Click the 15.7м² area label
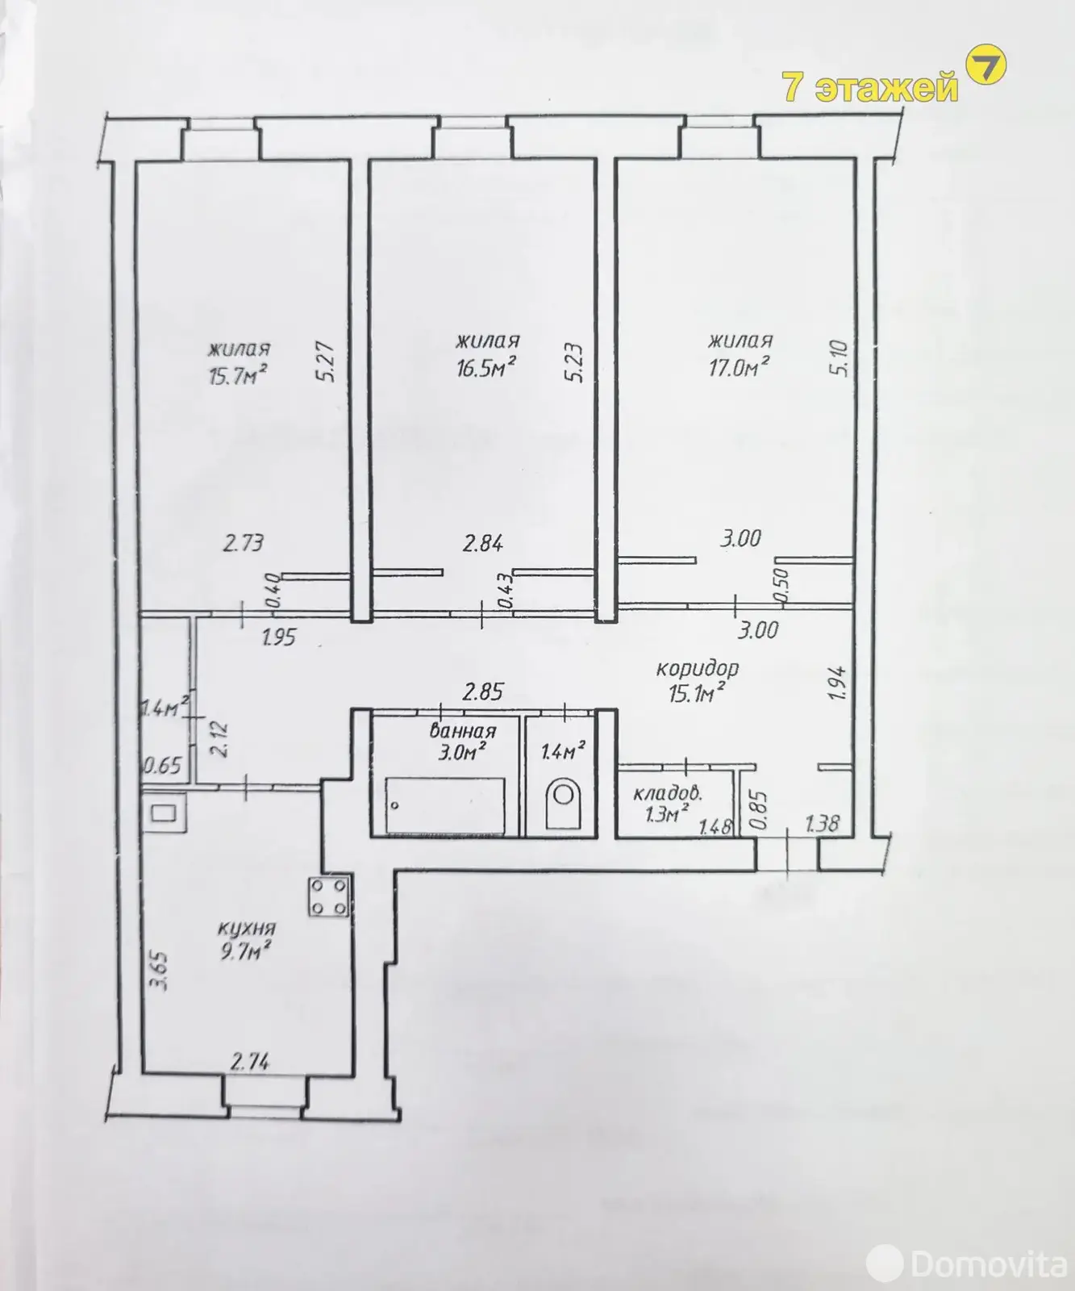tap(238, 375)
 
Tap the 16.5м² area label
tap(486, 368)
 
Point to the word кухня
tap(247, 928)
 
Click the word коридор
tap(698, 668)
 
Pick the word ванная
tap(462, 731)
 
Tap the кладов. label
tap(668, 793)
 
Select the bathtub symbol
tap(445, 806)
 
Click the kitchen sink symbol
tap(165, 813)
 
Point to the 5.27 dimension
tap(327, 364)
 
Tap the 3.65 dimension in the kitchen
tap(160, 971)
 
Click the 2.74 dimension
tap(250, 1062)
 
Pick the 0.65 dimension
tap(162, 765)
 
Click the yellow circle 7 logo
tap(985, 67)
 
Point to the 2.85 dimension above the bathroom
tap(483, 691)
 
